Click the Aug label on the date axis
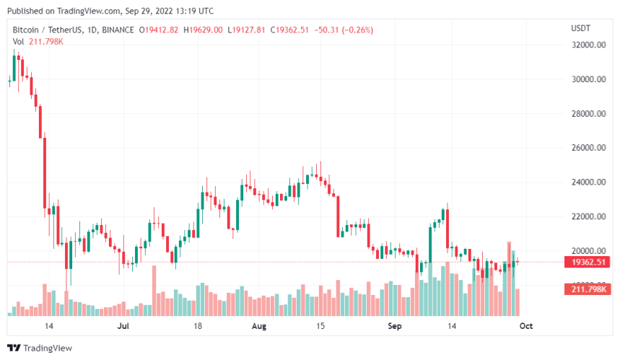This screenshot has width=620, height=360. point(260,326)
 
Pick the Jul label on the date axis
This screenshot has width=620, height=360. point(123,326)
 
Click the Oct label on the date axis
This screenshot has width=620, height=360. point(526,326)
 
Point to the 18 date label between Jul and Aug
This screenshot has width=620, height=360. point(198,326)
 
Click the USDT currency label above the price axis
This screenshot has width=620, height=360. point(580,28)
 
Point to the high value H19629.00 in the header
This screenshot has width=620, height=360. point(204,29)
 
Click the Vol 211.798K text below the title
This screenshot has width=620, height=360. point(38,40)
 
